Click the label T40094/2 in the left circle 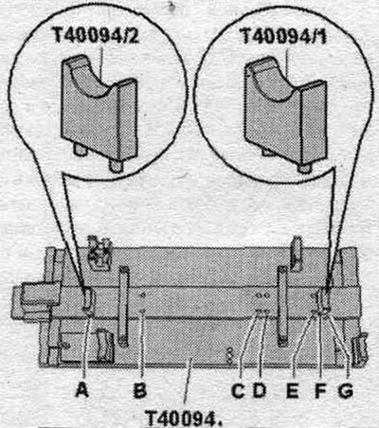pyautogui.click(x=97, y=34)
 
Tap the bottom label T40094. pyautogui.click(x=184, y=418)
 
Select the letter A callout pyautogui.click(x=82, y=391)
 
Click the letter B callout pyautogui.click(x=140, y=391)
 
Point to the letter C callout pyautogui.click(x=238, y=391)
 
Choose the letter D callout pyautogui.click(x=260, y=391)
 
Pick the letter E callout pyautogui.click(x=293, y=391)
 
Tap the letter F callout pyautogui.click(x=320, y=391)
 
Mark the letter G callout pyautogui.click(x=346, y=391)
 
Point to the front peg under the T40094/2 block pyautogui.click(x=116, y=166)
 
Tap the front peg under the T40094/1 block pyautogui.click(x=304, y=168)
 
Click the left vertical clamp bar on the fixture pyautogui.click(x=123, y=306)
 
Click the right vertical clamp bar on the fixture pyautogui.click(x=282, y=306)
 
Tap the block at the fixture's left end pyautogui.click(x=35, y=299)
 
